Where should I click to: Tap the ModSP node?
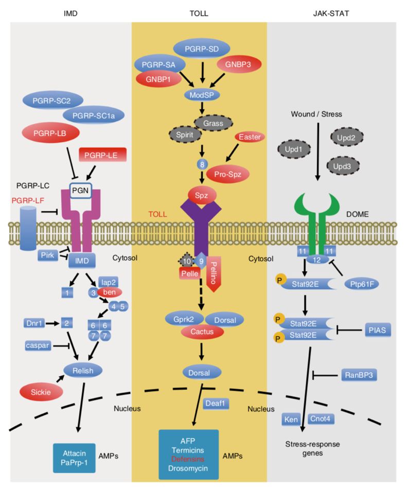[202, 95]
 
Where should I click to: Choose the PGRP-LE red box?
[102, 154]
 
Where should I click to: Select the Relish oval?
[82, 369]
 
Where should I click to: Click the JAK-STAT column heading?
[331, 13]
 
